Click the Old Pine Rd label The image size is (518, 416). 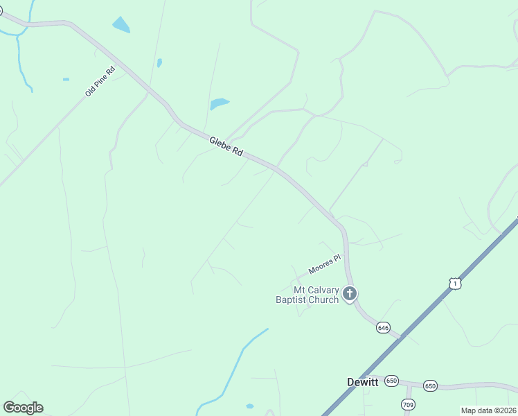click(x=100, y=81)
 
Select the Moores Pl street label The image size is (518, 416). click(x=325, y=264)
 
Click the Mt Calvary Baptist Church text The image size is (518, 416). click(x=316, y=295)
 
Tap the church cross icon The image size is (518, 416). click(x=350, y=293)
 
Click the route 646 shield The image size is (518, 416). click(x=384, y=327)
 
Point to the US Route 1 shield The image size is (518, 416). click(x=454, y=283)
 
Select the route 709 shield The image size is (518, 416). click(x=408, y=404)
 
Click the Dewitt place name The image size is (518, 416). click(x=363, y=381)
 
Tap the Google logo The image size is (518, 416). click(x=23, y=407)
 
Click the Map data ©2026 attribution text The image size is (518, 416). click(x=489, y=410)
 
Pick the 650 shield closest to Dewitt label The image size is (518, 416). click(x=393, y=381)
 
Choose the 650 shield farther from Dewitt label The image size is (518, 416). click(x=430, y=385)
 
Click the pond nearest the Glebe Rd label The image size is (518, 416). click(x=219, y=104)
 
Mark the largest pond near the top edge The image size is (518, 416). click(x=120, y=25)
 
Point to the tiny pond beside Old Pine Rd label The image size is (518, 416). click(x=66, y=79)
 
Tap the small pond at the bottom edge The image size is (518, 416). click(x=249, y=406)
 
